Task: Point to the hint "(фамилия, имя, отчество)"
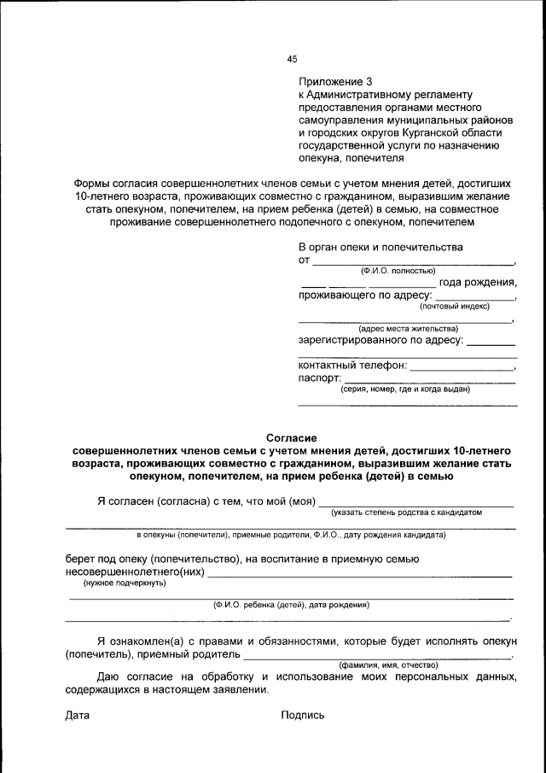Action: [x=388, y=665]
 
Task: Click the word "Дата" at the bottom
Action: [x=78, y=715]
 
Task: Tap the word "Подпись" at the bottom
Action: [x=303, y=715]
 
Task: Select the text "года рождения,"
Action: [x=478, y=283]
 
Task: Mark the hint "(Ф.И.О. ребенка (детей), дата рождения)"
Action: [x=291, y=605]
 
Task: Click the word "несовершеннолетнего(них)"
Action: [x=135, y=571]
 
